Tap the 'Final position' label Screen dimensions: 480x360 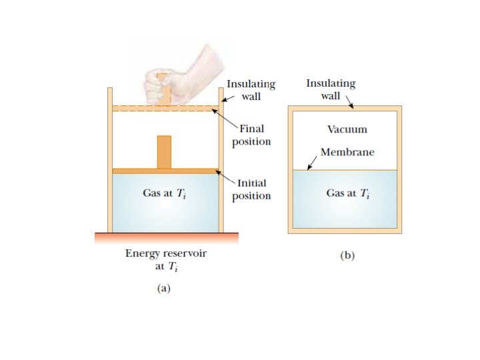[x=251, y=135]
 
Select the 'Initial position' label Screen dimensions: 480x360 [x=251, y=189]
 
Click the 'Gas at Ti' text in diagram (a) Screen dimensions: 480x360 [x=163, y=193]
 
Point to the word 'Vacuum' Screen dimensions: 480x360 [x=347, y=129]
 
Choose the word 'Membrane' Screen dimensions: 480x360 [x=347, y=152]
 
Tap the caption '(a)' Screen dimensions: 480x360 [x=163, y=289]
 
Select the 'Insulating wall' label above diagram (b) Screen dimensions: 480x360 [x=331, y=89]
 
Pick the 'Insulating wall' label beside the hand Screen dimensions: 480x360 [x=251, y=91]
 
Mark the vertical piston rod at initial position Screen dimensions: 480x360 [x=164, y=152]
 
